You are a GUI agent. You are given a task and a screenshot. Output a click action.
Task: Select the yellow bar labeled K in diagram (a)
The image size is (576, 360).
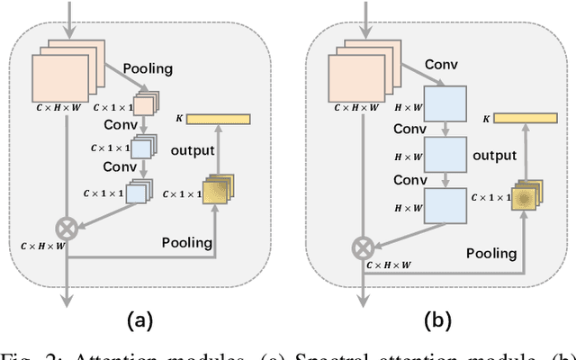pos(218,119)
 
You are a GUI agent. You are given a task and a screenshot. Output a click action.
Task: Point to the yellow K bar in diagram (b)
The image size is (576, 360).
pos(522,118)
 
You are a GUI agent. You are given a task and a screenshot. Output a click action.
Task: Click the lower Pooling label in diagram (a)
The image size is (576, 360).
pos(187,242)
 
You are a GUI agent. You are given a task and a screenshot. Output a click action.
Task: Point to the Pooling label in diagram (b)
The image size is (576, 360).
pos(490,255)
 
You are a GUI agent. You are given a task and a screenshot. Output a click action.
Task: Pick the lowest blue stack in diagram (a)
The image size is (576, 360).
pos(138,191)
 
